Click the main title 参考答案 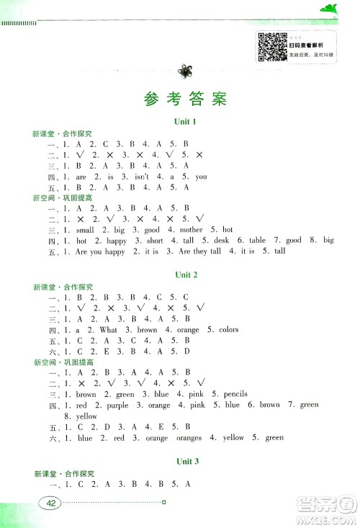(x=180, y=99)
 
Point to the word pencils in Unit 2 (x=235, y=394)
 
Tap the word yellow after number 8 (x=86, y=416)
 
